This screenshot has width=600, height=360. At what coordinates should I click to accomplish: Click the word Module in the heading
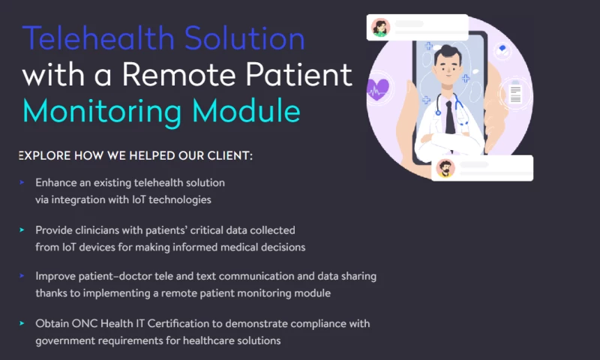click(x=251, y=110)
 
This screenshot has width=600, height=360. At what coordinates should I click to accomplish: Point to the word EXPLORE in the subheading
click(x=44, y=156)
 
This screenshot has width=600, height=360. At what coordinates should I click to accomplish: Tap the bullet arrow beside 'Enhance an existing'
click(x=22, y=182)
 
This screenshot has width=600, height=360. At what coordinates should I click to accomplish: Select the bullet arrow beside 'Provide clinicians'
click(x=22, y=229)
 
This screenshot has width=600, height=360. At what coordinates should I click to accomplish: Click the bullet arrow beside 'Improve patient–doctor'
click(x=22, y=276)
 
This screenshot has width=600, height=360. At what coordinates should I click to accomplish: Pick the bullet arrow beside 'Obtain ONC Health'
click(x=22, y=323)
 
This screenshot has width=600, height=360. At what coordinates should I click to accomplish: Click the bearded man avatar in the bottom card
click(x=445, y=168)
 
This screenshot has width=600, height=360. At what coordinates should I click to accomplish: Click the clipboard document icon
click(x=515, y=94)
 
